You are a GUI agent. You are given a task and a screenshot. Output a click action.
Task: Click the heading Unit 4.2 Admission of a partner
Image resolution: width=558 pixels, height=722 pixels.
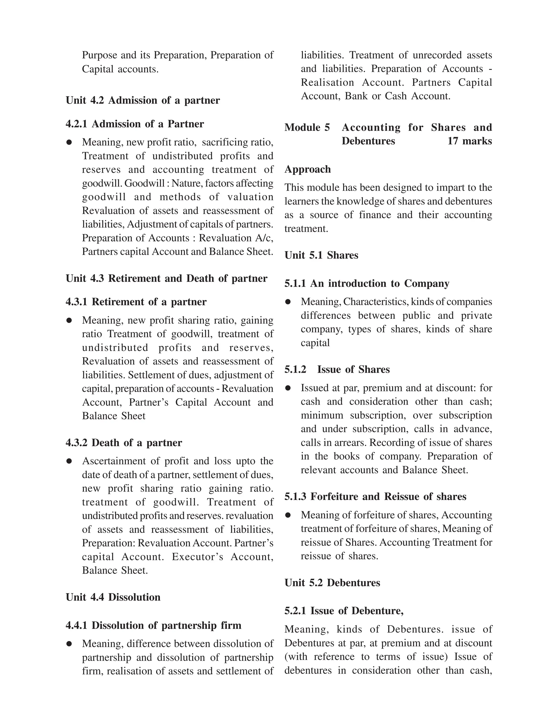142,100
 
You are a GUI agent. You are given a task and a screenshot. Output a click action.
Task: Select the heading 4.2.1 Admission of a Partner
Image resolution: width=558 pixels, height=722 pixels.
135,124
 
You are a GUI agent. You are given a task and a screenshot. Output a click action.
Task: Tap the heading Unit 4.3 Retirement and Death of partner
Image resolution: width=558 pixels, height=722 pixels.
166,278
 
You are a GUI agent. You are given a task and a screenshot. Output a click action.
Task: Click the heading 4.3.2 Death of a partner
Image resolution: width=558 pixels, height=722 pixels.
124,443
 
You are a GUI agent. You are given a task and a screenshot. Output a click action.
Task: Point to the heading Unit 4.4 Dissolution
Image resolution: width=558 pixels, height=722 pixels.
113,597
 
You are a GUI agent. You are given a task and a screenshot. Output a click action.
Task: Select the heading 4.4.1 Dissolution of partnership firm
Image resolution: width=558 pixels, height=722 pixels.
153,625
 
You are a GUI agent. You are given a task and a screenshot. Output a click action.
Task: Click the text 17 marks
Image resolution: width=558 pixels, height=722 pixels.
469,141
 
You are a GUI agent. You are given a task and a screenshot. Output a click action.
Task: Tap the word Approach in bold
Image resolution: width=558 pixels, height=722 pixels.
307,169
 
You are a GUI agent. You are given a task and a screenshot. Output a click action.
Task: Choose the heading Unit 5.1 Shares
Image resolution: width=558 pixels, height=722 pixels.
321,255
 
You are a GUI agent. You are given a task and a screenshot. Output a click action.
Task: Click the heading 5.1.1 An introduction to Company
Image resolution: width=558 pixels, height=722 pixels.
367,283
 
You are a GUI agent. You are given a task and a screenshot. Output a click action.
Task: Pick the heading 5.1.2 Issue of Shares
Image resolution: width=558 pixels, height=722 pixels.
337,369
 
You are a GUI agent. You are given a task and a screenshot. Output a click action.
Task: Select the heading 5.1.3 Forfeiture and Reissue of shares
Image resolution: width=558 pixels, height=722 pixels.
375,496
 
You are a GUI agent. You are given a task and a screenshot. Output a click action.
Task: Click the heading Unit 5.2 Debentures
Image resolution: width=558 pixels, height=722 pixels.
332,583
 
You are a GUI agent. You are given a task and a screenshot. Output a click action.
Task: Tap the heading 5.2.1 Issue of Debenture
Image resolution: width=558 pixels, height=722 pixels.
344,611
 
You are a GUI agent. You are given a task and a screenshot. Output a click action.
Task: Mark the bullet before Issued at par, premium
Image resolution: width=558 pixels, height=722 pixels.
288,388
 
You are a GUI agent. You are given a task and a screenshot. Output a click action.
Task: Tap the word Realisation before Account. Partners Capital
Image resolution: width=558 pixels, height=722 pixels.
327,82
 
